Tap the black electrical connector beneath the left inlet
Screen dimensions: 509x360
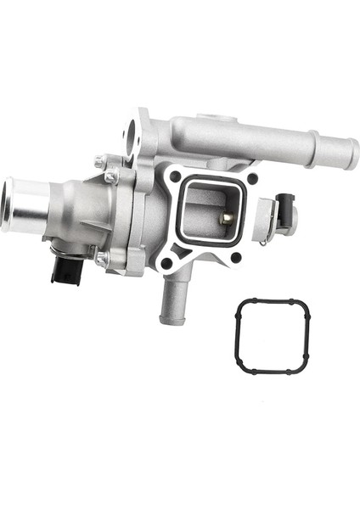[62, 270]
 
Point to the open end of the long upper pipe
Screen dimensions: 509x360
[350, 154]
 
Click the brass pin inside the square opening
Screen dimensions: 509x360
[227, 219]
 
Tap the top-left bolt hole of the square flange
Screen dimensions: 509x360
[174, 176]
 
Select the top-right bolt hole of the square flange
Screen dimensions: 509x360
[252, 179]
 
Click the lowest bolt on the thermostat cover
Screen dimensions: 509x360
[101, 259]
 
